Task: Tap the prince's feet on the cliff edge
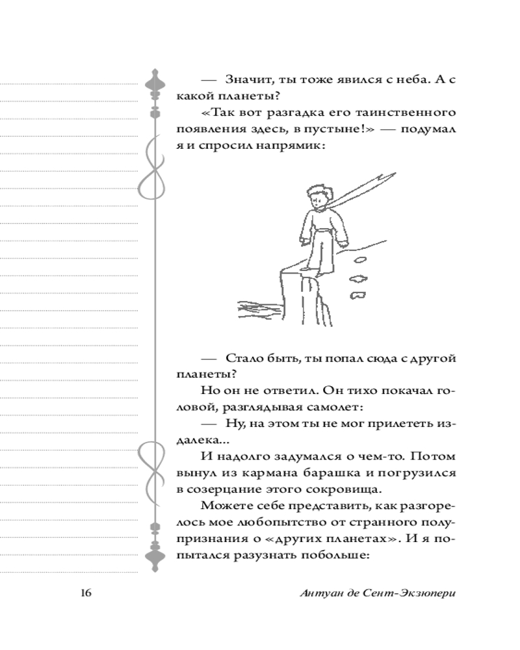pyautogui.click(x=311, y=266)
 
